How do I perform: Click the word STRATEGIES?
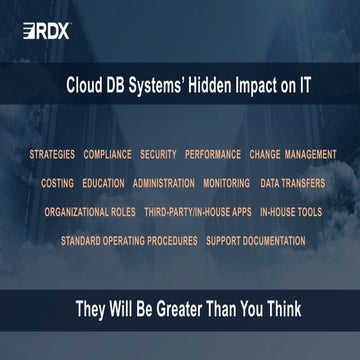[x=52, y=155]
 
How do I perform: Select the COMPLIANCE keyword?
[x=107, y=155]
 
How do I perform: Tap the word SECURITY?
[x=158, y=155]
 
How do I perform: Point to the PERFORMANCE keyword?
[x=213, y=155]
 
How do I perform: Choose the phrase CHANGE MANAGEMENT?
[x=293, y=155]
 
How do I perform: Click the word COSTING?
[x=57, y=184]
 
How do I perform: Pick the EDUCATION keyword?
[x=104, y=184]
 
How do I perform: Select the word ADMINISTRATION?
[x=163, y=184]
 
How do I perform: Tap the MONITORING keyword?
[x=226, y=184]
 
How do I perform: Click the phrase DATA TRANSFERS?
[x=293, y=184]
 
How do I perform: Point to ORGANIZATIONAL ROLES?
[x=90, y=213]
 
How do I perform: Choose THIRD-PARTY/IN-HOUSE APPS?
[x=197, y=213]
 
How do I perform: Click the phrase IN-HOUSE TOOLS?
[x=290, y=213]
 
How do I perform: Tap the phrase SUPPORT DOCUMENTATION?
[x=255, y=241]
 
